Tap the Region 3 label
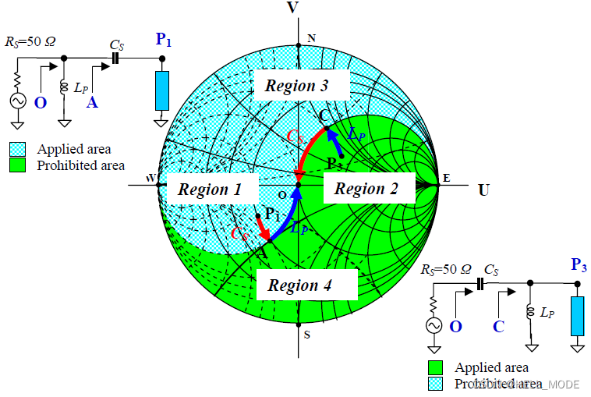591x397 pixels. click(296, 86)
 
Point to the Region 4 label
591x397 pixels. click(299, 285)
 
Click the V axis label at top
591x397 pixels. click(293, 8)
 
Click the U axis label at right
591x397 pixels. click(483, 190)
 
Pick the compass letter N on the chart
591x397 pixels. click(312, 38)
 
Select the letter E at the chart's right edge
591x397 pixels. click(446, 179)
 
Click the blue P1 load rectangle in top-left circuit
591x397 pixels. click(162, 90)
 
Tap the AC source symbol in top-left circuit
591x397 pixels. click(16, 101)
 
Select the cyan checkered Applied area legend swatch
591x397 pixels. click(17, 148)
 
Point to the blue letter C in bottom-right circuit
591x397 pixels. click(498, 327)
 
